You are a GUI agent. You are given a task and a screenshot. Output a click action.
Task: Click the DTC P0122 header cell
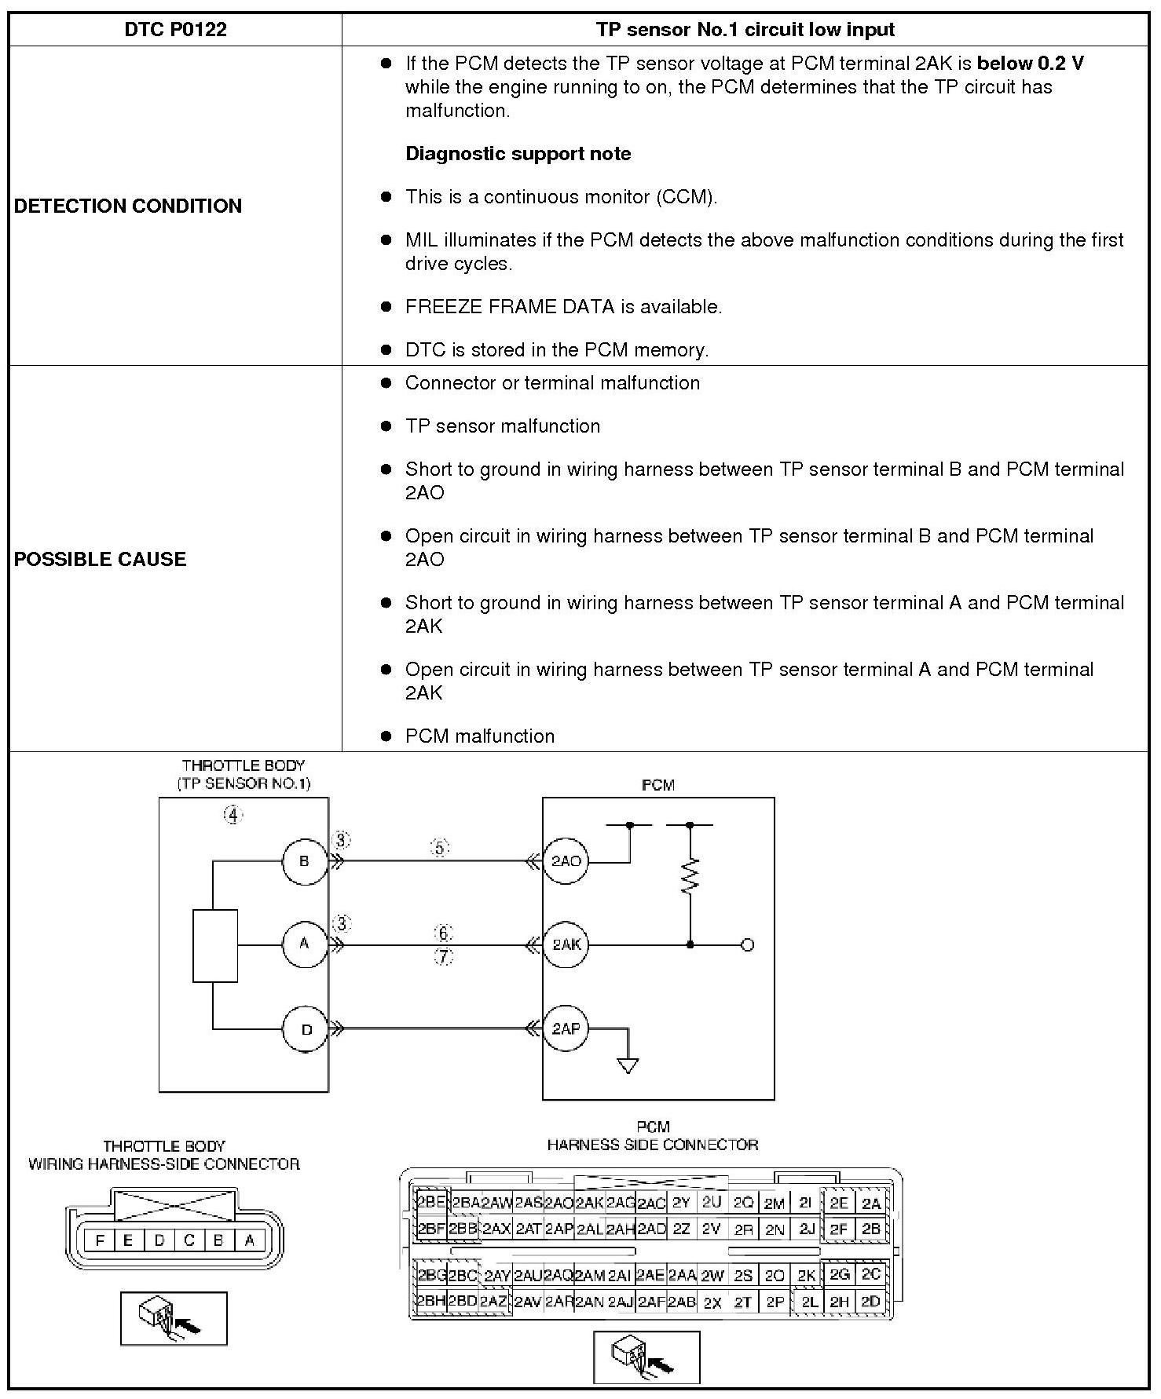click(175, 30)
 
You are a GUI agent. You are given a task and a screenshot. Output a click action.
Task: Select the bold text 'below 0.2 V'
click(1030, 64)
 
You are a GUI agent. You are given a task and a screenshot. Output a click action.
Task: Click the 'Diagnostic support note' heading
click(518, 154)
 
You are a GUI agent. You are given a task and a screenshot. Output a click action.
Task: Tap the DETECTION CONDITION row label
click(128, 206)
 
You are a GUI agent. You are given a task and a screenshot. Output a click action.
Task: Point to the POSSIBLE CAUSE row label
click(101, 559)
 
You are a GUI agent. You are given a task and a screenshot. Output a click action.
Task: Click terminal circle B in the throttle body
click(305, 861)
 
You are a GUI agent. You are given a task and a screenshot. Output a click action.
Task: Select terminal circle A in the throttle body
click(305, 944)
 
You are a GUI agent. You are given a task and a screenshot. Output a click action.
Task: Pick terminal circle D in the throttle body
click(306, 1028)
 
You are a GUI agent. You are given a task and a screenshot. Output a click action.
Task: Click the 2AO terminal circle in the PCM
click(566, 861)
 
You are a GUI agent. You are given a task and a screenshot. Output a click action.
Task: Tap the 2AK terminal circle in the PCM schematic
click(566, 944)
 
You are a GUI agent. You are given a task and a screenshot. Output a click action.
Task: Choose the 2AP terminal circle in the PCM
click(566, 1028)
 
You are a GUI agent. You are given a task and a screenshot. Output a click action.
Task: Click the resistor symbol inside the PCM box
click(690, 877)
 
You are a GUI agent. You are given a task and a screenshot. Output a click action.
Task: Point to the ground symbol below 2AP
click(628, 1065)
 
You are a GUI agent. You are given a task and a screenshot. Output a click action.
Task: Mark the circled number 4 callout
click(233, 816)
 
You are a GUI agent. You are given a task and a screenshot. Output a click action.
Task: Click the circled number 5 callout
click(440, 848)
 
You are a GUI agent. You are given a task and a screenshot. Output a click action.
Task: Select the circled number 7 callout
click(444, 957)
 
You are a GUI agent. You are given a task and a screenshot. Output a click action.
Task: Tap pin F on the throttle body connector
click(100, 1240)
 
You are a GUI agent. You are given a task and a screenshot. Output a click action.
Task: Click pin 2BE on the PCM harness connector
click(430, 1203)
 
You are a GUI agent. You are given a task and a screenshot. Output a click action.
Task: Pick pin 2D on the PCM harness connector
click(870, 1301)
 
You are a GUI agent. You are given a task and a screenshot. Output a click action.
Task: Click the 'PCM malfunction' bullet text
click(479, 736)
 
